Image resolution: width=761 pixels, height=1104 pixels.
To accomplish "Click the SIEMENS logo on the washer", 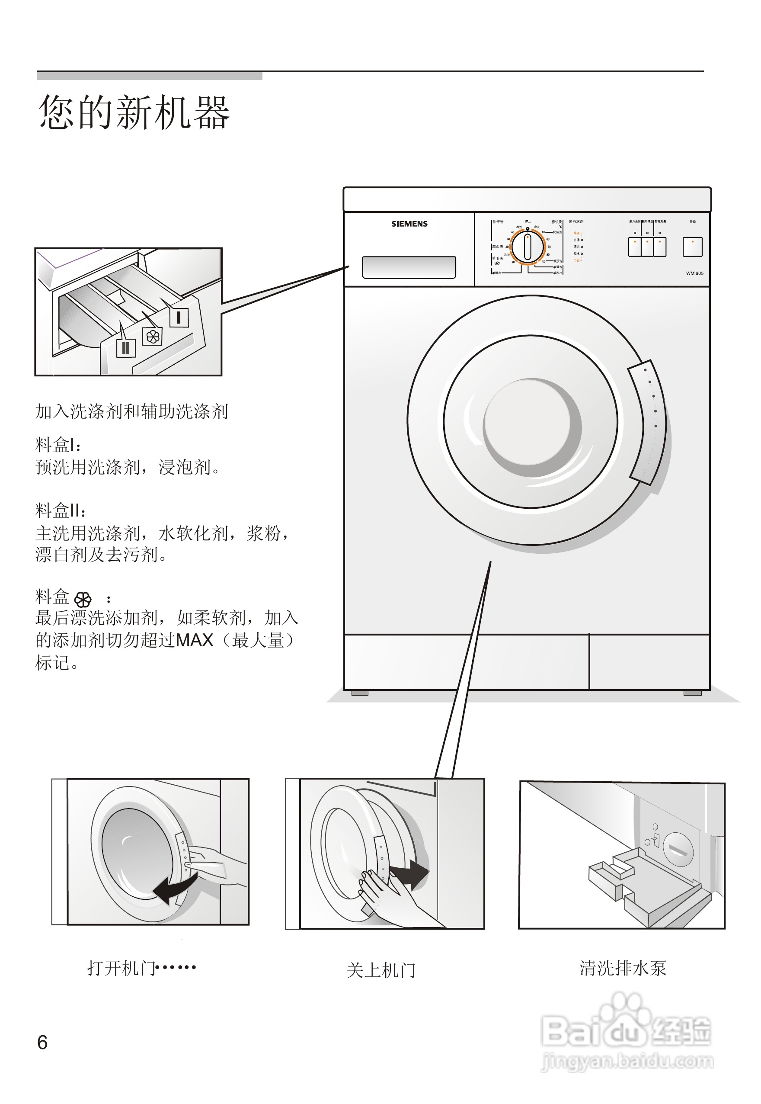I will [409, 224].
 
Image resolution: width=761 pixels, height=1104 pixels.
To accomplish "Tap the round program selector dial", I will [528, 247].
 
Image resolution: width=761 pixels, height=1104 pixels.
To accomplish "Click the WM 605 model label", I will [694, 273].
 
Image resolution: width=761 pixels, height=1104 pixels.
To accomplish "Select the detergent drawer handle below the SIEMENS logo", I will [409, 267].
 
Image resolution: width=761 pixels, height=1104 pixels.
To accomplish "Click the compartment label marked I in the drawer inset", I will [179, 317].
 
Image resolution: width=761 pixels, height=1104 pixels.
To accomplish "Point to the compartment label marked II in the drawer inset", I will [126, 348].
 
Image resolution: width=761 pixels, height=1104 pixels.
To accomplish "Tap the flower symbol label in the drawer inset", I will [153, 337].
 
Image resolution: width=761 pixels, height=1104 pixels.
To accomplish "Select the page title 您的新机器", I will [134, 112].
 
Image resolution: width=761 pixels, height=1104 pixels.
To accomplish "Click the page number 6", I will [42, 1043].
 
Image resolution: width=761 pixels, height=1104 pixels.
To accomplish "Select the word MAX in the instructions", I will [195, 640].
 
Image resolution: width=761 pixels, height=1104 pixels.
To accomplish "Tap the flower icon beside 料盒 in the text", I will [83, 599].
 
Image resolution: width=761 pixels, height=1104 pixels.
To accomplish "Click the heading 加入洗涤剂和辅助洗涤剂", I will [131, 411].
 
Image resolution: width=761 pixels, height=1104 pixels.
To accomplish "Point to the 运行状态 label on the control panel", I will [576, 222].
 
